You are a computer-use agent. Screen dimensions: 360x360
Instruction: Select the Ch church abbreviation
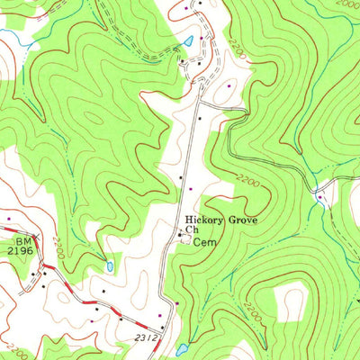pyautogui.click(x=191, y=229)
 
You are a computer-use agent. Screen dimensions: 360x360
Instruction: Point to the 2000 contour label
pyautogui.click(x=342, y=5)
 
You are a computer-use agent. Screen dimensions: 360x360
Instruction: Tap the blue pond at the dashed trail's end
pyautogui.click(x=188, y=41)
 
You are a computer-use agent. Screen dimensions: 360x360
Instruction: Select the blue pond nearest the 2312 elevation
pyautogui.click(x=182, y=348)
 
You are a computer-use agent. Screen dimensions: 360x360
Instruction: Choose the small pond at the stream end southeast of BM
pyautogui.click(x=109, y=267)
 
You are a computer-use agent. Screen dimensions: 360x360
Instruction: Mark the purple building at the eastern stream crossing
pyautogui.click(x=319, y=195)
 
